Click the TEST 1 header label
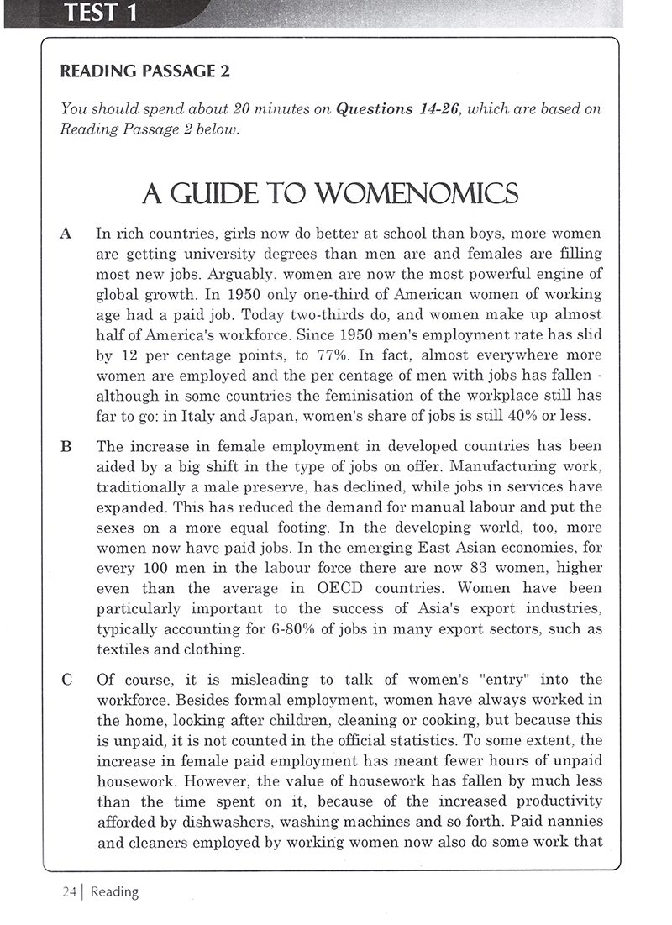(x=99, y=14)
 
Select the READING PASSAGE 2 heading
(x=144, y=71)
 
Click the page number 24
(x=68, y=892)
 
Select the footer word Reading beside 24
(x=114, y=892)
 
